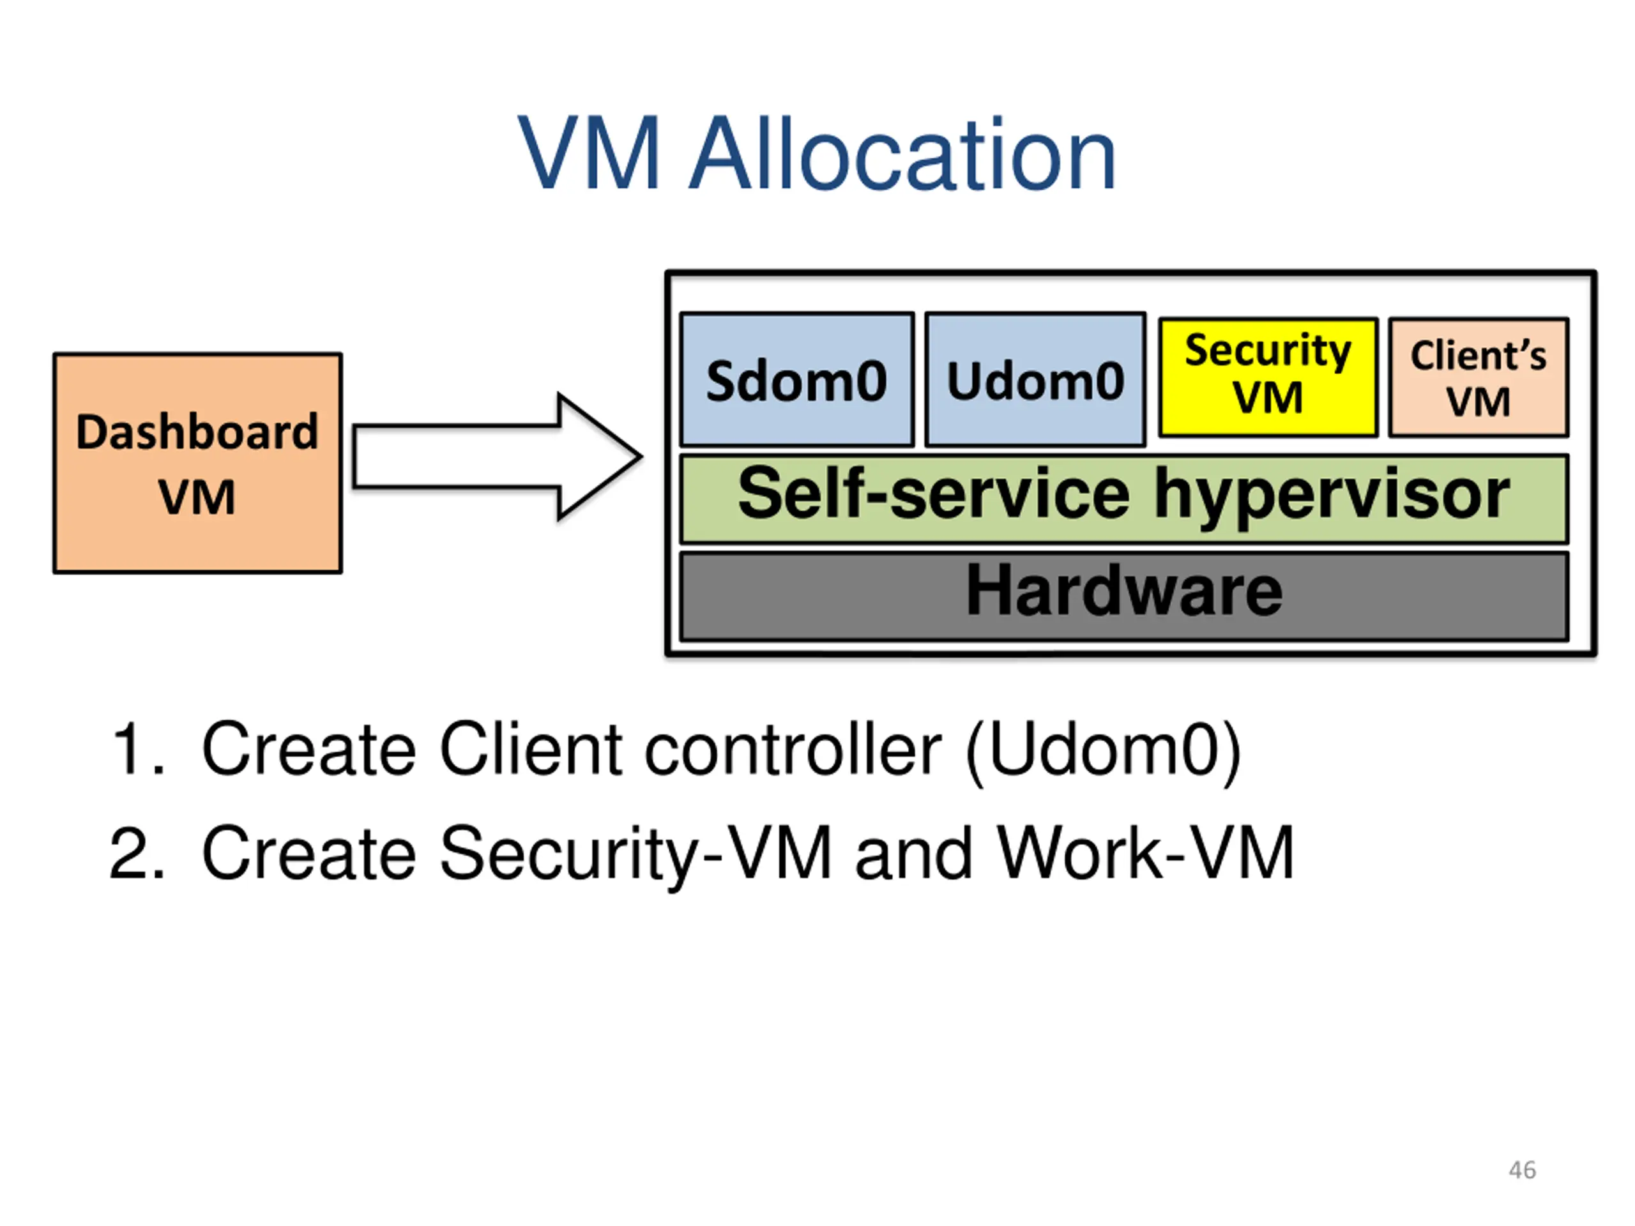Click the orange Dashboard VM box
[197, 462]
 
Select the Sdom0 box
[797, 380]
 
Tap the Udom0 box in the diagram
[1035, 380]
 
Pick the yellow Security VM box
[1268, 377]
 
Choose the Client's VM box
[1479, 377]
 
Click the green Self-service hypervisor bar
[1123, 499]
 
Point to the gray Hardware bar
[1123, 596]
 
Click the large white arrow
[497, 457]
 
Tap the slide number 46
[1522, 1170]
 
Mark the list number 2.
[136, 853]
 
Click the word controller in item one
[793, 750]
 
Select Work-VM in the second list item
[1146, 853]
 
